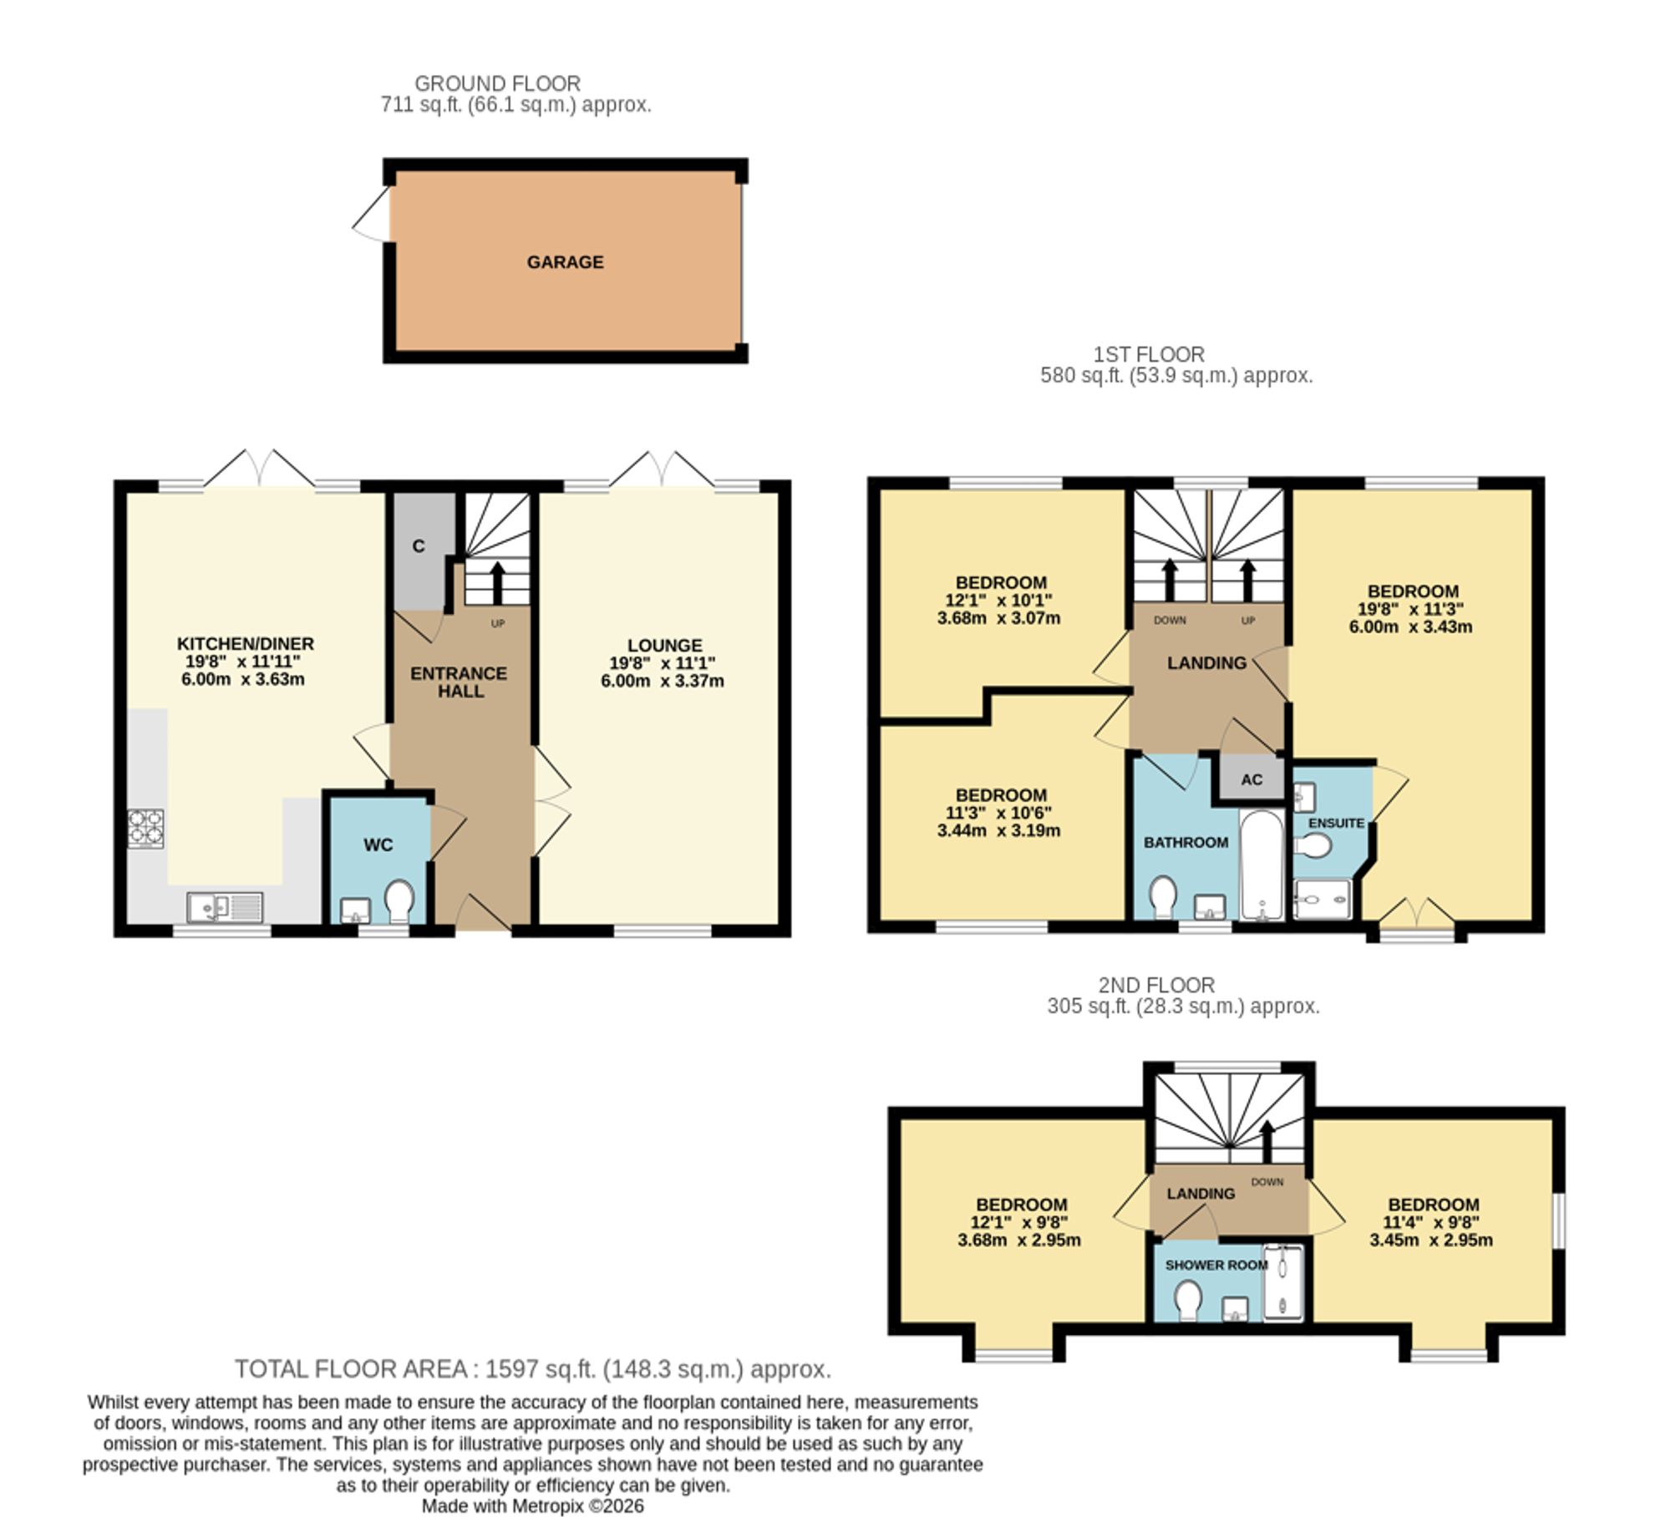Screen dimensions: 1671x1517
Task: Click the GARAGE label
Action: (565, 262)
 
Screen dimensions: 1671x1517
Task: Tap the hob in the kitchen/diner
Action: (145, 829)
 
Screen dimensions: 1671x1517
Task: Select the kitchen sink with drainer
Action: (225, 907)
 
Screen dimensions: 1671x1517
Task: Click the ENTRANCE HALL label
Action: (459, 682)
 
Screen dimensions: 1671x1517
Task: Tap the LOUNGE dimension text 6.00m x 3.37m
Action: (663, 681)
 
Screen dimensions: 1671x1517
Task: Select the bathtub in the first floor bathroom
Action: (1262, 864)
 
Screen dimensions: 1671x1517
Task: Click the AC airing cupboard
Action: (1252, 779)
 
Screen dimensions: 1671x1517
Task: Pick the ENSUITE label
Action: (1336, 823)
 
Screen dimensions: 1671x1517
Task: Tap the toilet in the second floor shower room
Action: (1187, 1301)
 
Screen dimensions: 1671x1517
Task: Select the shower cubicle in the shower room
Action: (1282, 1282)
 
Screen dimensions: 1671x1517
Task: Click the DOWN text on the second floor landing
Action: (1267, 1182)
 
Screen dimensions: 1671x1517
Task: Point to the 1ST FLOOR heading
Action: (1149, 354)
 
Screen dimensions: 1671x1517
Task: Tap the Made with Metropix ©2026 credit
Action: (532, 1505)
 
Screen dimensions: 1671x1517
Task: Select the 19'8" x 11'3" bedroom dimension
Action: (1410, 609)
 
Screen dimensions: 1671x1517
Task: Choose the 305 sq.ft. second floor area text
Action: (1183, 1007)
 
